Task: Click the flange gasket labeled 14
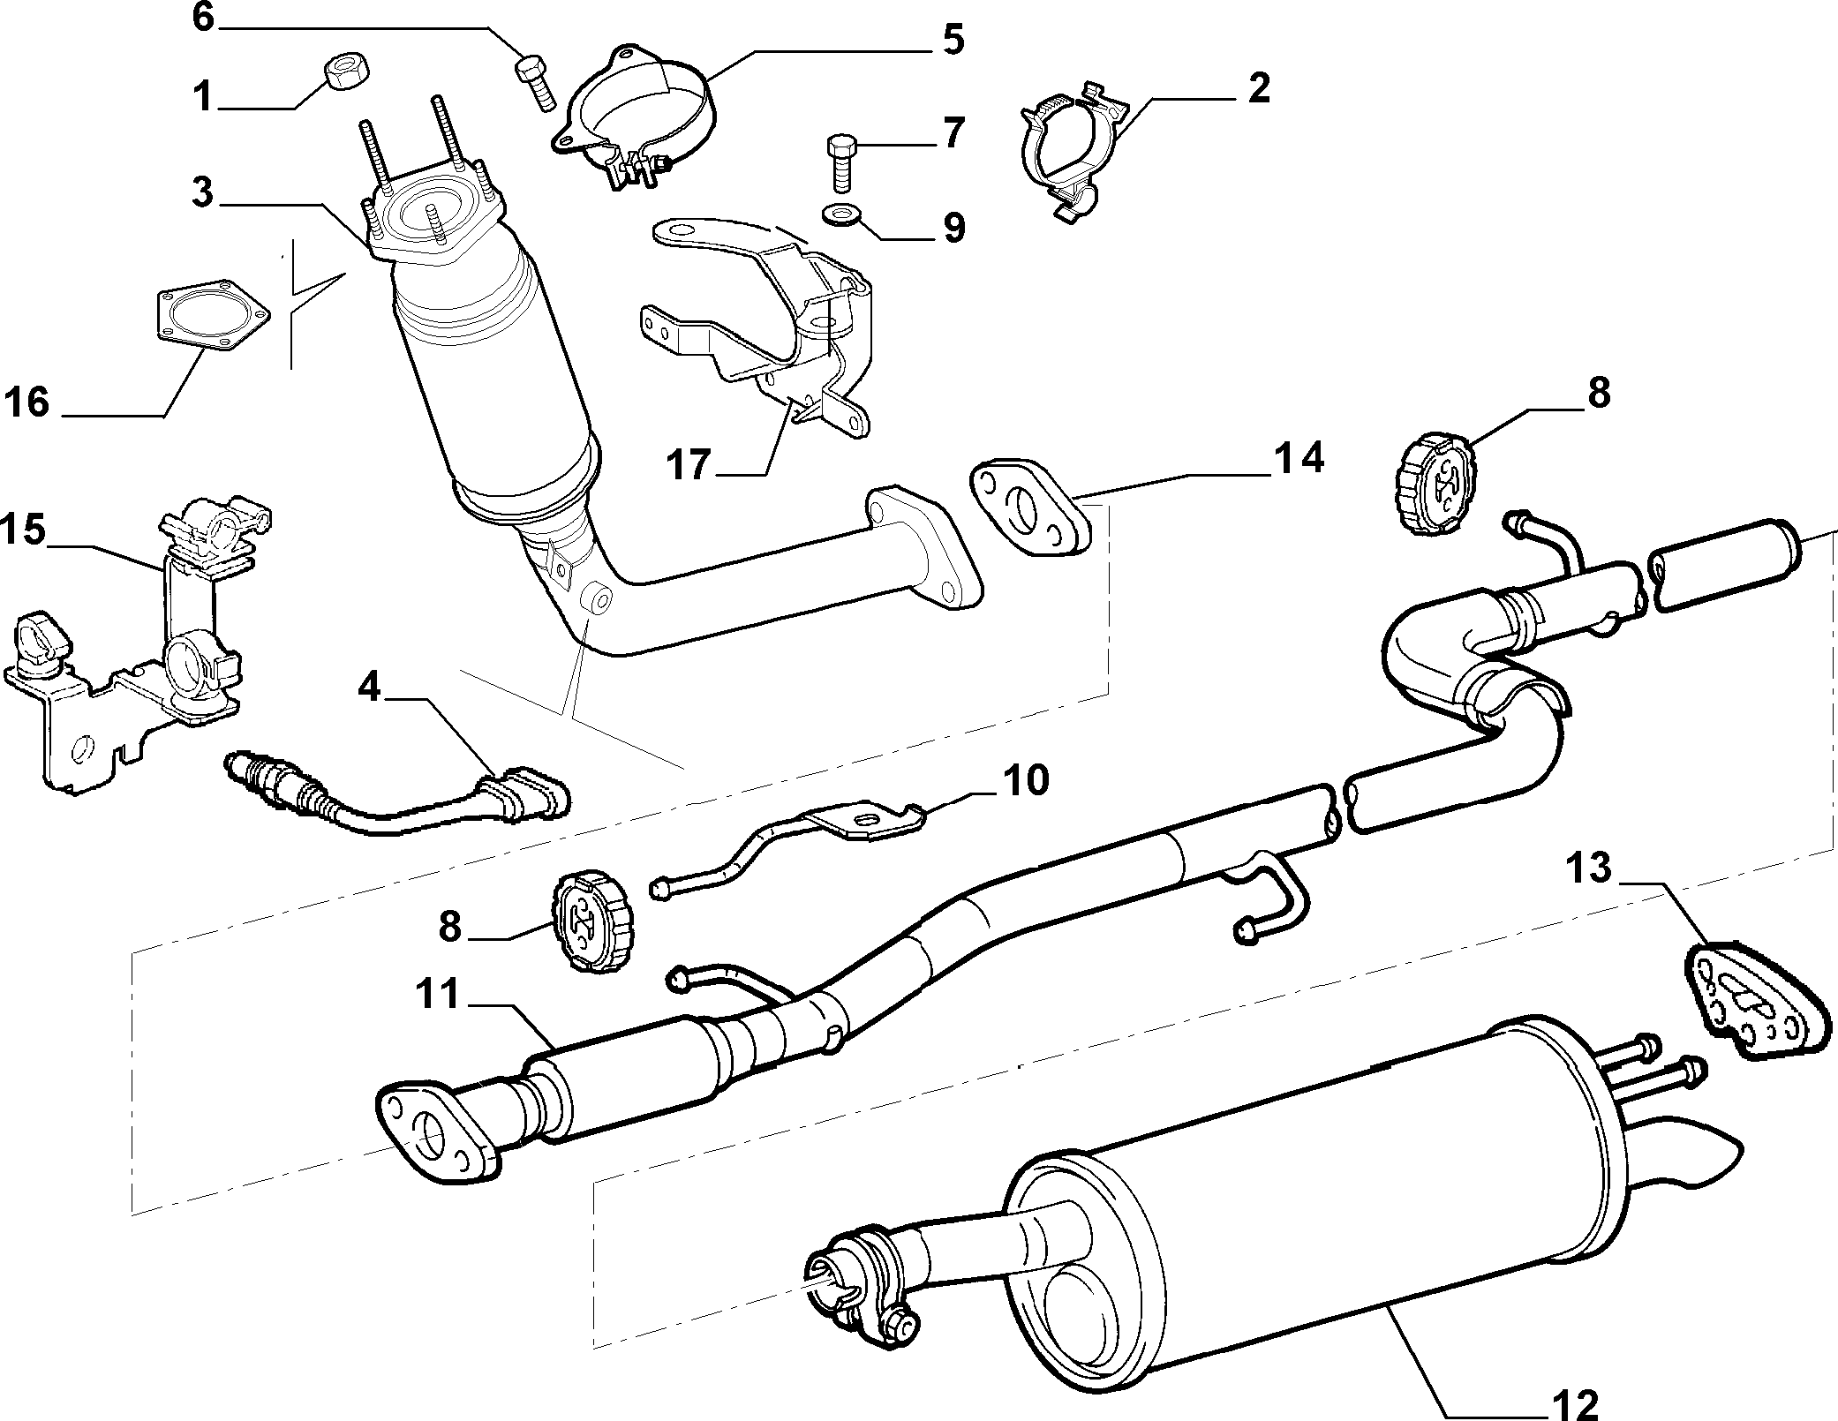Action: point(1030,509)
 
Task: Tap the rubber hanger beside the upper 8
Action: point(1434,482)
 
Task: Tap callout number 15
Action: point(23,531)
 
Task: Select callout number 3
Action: point(203,192)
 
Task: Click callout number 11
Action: point(439,993)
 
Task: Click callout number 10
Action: point(1025,780)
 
